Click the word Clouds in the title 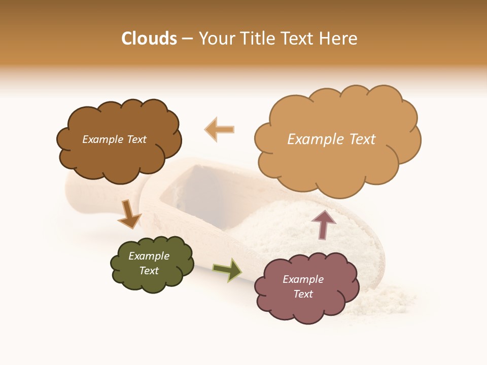click(x=149, y=39)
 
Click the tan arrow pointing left click(x=220, y=129)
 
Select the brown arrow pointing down click(x=129, y=214)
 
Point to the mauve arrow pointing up click(x=324, y=224)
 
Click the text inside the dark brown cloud click(x=114, y=139)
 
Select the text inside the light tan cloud click(x=331, y=139)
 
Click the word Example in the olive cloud click(x=149, y=256)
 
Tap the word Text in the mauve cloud click(x=303, y=294)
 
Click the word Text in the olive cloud click(x=149, y=271)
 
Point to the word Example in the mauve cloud click(x=303, y=279)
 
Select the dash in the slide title click(x=187, y=39)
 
